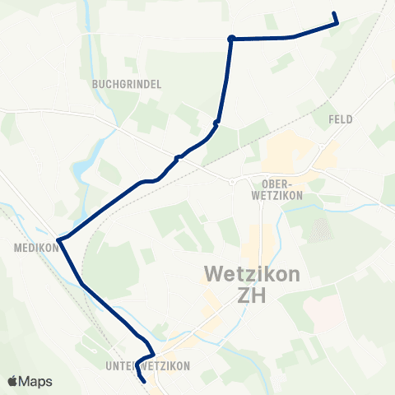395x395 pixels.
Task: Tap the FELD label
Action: [x=340, y=119]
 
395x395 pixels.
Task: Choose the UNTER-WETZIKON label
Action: [x=148, y=365]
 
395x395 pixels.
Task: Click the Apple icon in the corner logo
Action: [x=13, y=382]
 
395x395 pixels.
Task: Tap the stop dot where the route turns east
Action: [x=232, y=38]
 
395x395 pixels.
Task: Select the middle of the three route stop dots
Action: [x=216, y=123]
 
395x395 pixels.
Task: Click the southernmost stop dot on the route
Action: [x=178, y=156]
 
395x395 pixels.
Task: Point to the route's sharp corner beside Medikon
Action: [x=58, y=239]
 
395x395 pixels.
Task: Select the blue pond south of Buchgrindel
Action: [x=82, y=171]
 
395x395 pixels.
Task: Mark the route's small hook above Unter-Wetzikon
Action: [x=151, y=348]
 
